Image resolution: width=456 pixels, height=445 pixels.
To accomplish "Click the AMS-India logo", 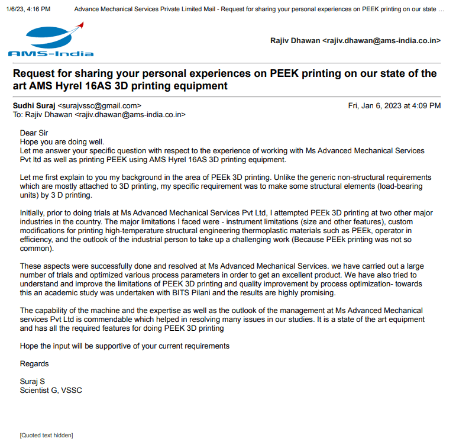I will tap(50, 40).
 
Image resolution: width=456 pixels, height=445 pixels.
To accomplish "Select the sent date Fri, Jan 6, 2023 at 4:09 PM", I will tap(394, 106).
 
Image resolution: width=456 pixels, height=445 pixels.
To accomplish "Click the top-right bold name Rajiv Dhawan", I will tap(295, 41).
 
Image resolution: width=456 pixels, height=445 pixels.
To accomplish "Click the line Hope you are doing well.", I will tap(62, 141).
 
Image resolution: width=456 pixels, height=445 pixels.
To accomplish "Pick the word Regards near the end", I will tap(34, 364).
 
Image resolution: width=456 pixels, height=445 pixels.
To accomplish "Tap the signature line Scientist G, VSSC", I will tap(51, 391).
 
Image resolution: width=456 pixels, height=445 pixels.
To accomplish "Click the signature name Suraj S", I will tap(33, 382).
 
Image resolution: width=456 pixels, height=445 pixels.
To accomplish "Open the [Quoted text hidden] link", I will tap(46, 436).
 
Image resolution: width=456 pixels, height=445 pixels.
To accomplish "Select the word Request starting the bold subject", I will tap(37, 73).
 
